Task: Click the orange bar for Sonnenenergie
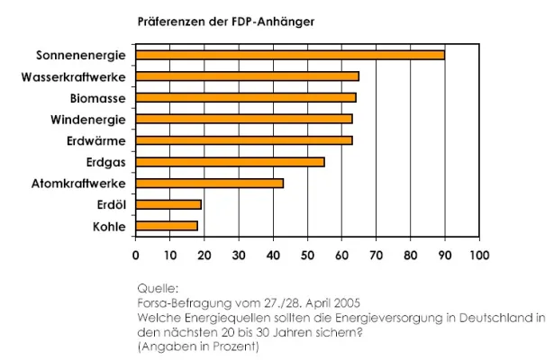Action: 289,55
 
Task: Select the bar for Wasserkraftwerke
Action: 247,76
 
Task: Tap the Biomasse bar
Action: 245,97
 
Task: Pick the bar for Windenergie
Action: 243,119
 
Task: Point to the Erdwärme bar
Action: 243,140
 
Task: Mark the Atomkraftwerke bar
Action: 209,184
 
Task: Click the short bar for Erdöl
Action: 168,205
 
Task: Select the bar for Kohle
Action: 166,226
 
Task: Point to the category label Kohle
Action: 109,227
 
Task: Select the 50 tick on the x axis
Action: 307,255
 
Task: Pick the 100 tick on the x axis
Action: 478,255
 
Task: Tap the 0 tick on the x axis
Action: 136,255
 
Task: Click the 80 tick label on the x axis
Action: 410,255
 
